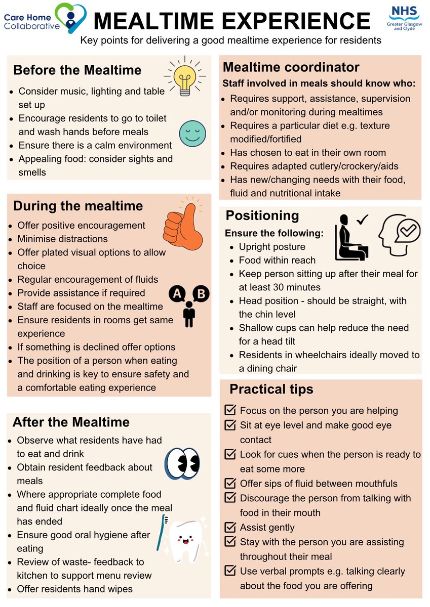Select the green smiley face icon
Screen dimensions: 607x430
pyautogui.click(x=192, y=134)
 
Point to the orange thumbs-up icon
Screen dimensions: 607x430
pyautogui.click(x=183, y=227)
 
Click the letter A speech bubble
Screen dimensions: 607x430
pyautogui.click(x=177, y=293)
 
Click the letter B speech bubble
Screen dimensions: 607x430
pyautogui.click(x=201, y=293)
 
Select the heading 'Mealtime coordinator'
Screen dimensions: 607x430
pyautogui.click(x=291, y=67)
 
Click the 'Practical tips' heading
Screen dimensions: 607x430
pyautogui.click(x=271, y=389)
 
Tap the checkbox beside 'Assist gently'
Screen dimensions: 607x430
pyautogui.click(x=230, y=527)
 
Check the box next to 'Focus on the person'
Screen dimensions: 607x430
pyautogui.click(x=230, y=410)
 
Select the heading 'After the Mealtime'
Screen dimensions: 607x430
pyautogui.click(x=71, y=422)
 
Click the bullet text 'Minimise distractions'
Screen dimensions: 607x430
pyautogui.click(x=63, y=239)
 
